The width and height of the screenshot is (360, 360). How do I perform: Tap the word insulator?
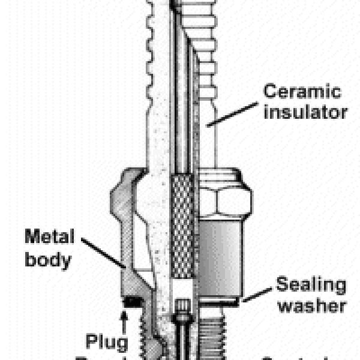305,112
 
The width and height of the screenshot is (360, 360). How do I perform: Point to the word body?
49,260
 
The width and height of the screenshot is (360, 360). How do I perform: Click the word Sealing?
311,285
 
